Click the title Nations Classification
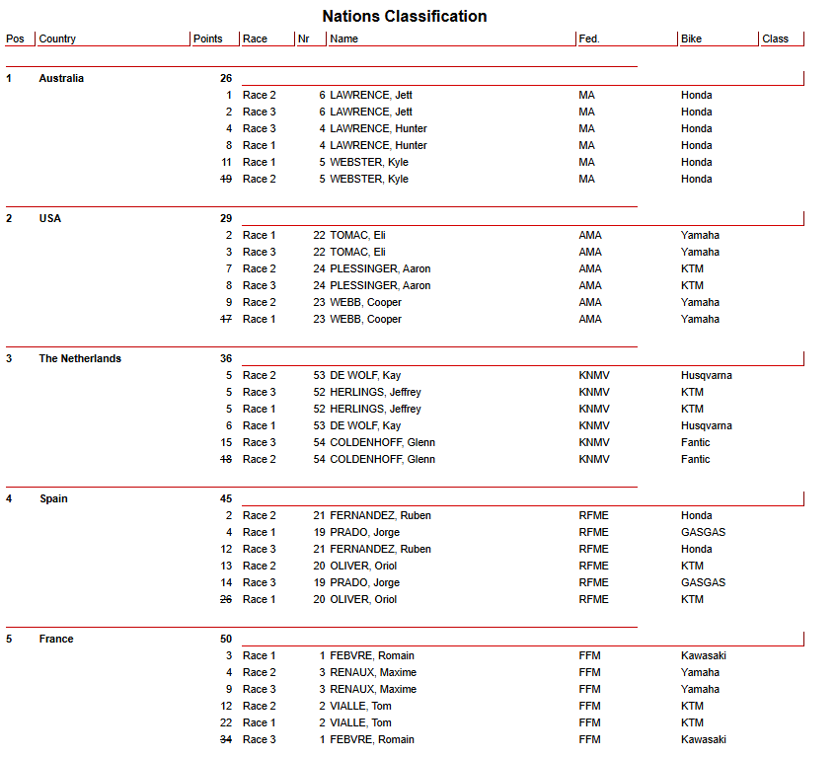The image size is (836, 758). pyautogui.click(x=404, y=16)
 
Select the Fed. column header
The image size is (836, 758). pyautogui.click(x=589, y=39)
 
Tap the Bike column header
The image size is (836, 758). pyautogui.click(x=691, y=39)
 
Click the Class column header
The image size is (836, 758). pyautogui.click(x=775, y=39)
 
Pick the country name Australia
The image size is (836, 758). pyautogui.click(x=61, y=79)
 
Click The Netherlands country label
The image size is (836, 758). pyautogui.click(x=80, y=359)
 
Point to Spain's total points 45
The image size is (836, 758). pyautogui.click(x=226, y=499)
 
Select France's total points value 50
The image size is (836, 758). pyautogui.click(x=226, y=640)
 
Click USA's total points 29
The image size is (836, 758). pyautogui.click(x=226, y=219)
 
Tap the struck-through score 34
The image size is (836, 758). pyautogui.click(x=226, y=740)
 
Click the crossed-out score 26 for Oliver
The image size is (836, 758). pyautogui.click(x=226, y=600)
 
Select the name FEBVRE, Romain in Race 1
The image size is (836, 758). pyautogui.click(x=372, y=656)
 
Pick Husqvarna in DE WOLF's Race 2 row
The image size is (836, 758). pyautogui.click(x=706, y=376)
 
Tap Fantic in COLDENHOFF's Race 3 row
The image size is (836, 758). pyautogui.click(x=695, y=443)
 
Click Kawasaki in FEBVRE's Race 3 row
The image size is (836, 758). pyautogui.click(x=703, y=740)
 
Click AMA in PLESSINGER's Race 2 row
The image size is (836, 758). pyautogui.click(x=590, y=269)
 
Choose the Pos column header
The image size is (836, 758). pyautogui.click(x=15, y=39)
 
